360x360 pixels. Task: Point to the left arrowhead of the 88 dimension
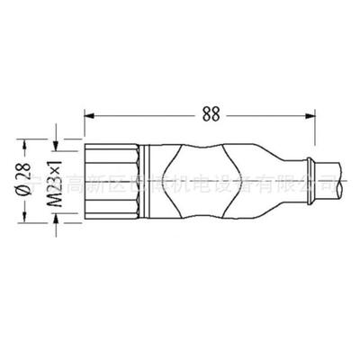tap(88, 115)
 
